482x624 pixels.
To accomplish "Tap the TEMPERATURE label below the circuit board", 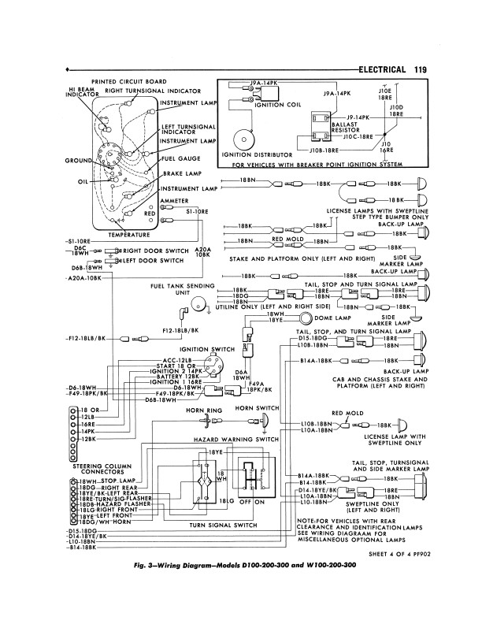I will tap(129, 234).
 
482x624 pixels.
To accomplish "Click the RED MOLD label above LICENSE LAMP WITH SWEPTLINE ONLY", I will tap(345, 413).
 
